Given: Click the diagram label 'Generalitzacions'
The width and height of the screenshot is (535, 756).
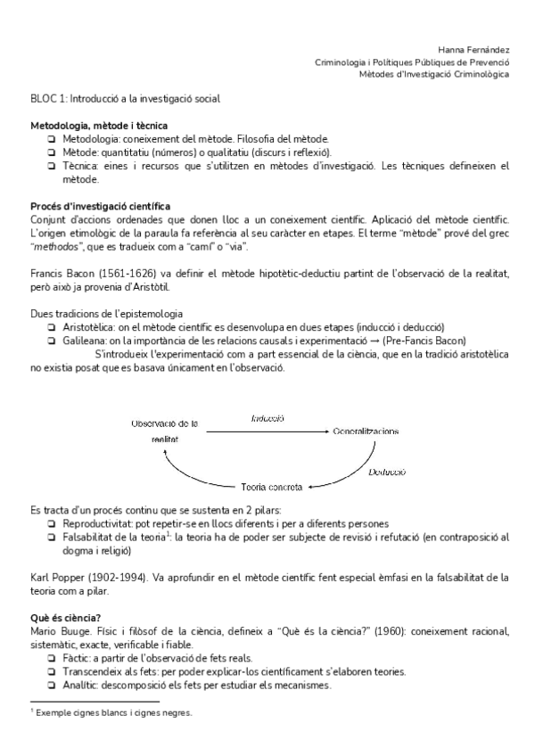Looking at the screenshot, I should point(366,431).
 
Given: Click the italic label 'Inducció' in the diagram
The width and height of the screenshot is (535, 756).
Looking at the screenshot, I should point(267,417).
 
